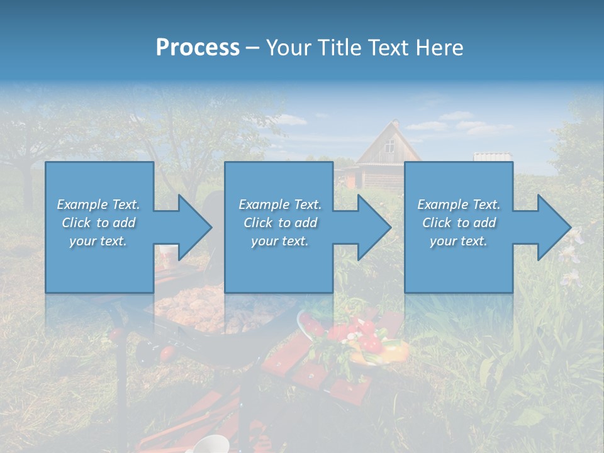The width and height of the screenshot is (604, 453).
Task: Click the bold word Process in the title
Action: point(198,47)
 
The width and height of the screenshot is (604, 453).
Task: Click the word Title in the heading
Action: point(340,47)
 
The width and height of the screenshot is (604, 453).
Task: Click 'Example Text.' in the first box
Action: point(98,204)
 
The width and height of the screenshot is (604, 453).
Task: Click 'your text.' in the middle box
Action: point(279,241)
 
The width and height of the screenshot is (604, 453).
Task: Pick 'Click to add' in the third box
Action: point(459,223)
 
